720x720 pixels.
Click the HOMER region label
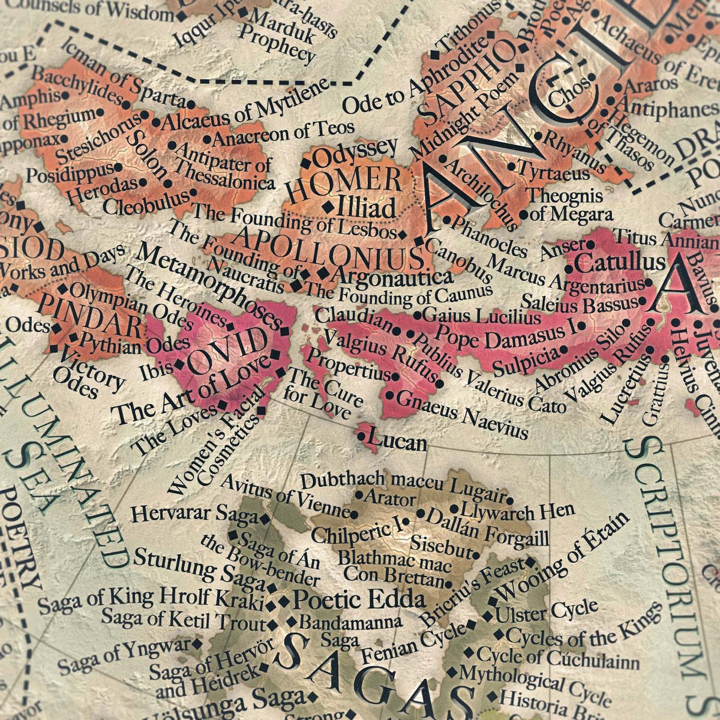click(x=343, y=182)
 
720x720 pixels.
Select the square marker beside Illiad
click(x=328, y=207)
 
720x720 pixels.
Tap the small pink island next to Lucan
click(x=364, y=431)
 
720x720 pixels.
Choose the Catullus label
click(x=623, y=262)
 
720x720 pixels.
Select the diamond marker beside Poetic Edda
click(x=284, y=600)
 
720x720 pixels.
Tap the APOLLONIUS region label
click(x=330, y=251)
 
